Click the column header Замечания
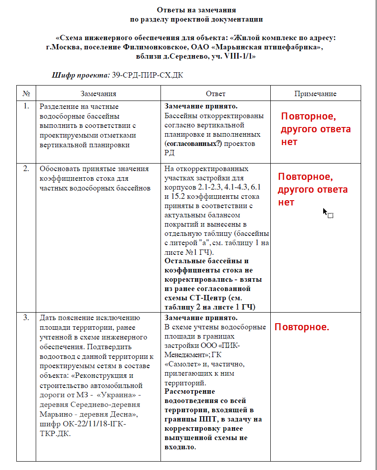98,93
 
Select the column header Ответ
216,93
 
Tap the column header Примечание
315,93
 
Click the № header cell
26,93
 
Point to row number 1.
26,106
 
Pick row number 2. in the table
26,168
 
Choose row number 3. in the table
26,317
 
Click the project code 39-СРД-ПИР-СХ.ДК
147,75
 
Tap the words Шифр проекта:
81,75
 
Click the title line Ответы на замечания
196,10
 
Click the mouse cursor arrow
325,212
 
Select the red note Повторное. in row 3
302,328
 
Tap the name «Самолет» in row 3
180,364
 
